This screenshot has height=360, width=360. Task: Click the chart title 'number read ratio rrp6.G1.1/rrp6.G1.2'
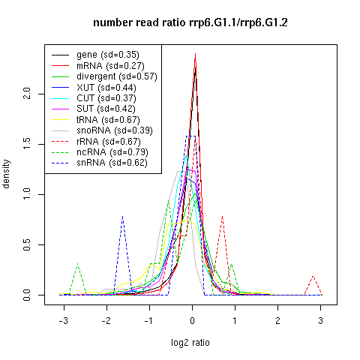click(x=190, y=22)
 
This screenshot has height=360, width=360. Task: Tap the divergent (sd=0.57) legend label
click(x=117, y=76)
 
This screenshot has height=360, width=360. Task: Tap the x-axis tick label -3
click(x=64, y=320)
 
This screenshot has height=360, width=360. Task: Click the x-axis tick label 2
click(x=277, y=320)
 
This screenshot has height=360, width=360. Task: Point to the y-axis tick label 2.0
click(x=26, y=94)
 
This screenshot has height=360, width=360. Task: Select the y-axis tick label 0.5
click(x=26, y=244)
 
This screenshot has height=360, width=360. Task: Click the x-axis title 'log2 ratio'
click(x=190, y=343)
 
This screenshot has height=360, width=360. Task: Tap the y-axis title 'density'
click(x=6, y=174)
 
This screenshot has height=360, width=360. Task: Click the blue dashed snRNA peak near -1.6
click(x=122, y=216)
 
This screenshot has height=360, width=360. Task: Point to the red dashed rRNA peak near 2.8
click(x=313, y=276)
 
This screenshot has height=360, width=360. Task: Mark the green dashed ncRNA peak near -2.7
click(x=78, y=264)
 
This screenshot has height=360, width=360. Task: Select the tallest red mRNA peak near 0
click(x=195, y=54)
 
